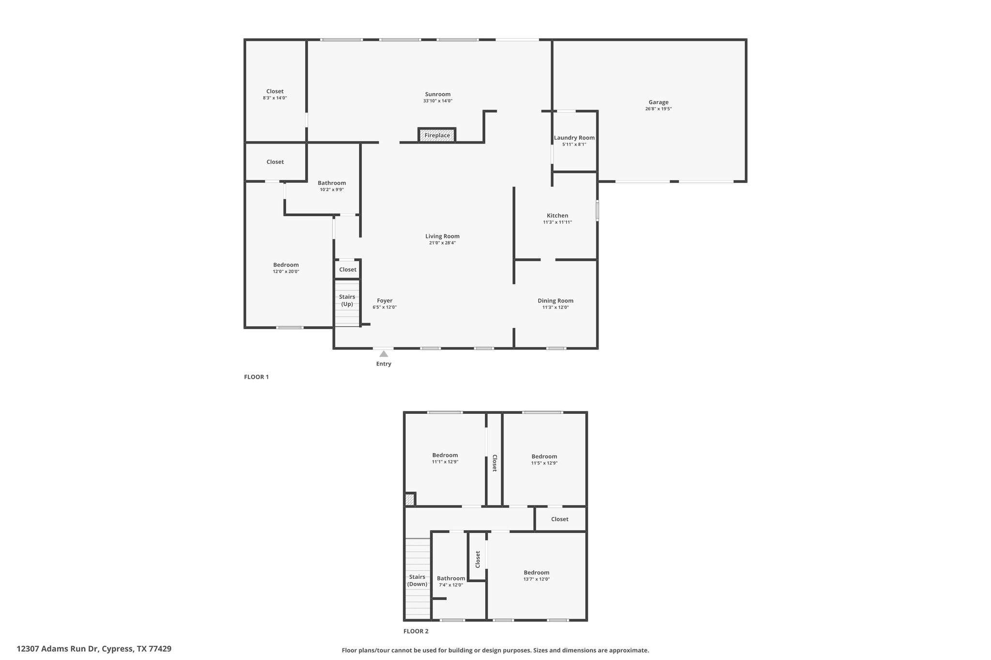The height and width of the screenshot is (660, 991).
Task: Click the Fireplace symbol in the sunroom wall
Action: pyautogui.click(x=437, y=135)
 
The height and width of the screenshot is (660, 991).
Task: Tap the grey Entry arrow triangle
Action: pyautogui.click(x=384, y=354)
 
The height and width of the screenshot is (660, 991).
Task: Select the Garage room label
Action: pyautogui.click(x=659, y=102)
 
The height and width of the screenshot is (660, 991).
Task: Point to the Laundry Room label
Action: pyautogui.click(x=574, y=138)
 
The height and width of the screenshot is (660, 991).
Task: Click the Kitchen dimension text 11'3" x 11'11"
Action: pyautogui.click(x=557, y=222)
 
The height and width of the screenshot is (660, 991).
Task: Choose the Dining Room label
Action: pyautogui.click(x=556, y=301)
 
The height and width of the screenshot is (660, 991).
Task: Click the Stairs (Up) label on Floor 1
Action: pyautogui.click(x=347, y=300)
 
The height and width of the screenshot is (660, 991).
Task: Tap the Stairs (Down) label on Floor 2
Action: pyautogui.click(x=417, y=580)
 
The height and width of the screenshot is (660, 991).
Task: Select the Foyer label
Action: pyautogui.click(x=385, y=301)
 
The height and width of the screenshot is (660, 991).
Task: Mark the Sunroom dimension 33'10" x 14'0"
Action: pyautogui.click(x=438, y=101)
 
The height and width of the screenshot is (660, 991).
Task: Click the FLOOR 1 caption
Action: pyautogui.click(x=256, y=377)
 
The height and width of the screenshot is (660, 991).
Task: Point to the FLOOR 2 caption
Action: pyautogui.click(x=416, y=631)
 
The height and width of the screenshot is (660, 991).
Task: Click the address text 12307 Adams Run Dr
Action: pyautogui.click(x=58, y=649)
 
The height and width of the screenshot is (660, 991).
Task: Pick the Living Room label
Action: pyautogui.click(x=442, y=236)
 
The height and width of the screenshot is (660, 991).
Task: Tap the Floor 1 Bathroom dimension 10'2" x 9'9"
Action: pyautogui.click(x=332, y=190)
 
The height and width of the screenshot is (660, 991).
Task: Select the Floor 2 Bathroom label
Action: pyautogui.click(x=451, y=578)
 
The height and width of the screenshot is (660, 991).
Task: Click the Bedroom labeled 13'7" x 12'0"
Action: pyautogui.click(x=537, y=572)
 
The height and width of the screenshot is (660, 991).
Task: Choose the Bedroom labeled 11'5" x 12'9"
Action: pyautogui.click(x=544, y=456)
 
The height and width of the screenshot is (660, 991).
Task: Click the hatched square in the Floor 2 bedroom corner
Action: pyautogui.click(x=410, y=499)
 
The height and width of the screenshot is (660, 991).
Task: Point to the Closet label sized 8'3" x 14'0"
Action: pyautogui.click(x=275, y=91)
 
